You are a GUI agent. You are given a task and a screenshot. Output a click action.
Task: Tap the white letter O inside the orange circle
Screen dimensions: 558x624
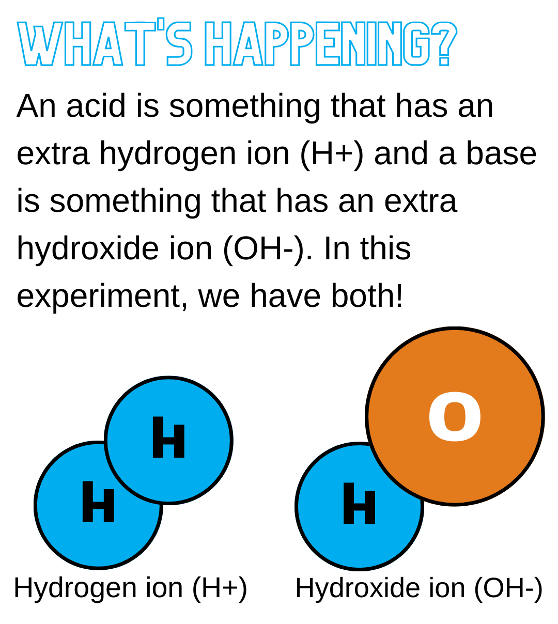click(x=455, y=417)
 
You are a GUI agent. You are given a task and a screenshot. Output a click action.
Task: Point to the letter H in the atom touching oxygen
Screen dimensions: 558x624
click(x=359, y=504)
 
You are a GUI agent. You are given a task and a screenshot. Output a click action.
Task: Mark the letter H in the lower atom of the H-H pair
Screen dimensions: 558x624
click(x=98, y=502)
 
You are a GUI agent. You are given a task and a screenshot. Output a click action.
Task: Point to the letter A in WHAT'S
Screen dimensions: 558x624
click(x=109, y=44)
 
